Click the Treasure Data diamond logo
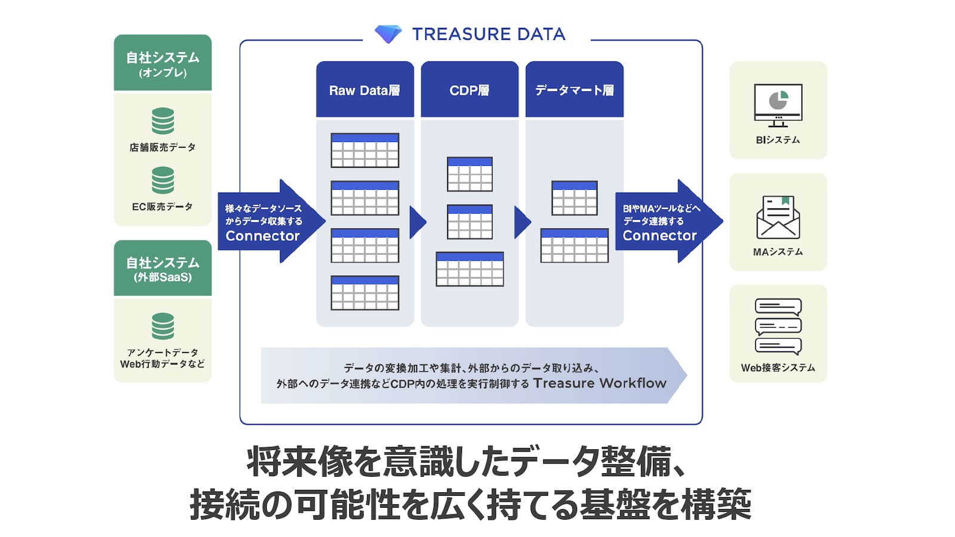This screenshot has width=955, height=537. coord(388,33)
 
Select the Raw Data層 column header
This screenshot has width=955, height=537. coord(365,90)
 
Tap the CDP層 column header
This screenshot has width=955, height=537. coord(469,90)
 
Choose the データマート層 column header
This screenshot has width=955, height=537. coord(574,90)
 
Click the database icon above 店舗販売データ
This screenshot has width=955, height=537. coord(162,121)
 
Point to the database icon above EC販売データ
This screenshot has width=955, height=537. coord(162,180)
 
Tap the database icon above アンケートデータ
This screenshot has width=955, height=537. coord(162,326)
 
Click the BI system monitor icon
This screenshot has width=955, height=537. coord(778,105)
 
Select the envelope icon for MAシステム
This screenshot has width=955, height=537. coord(778,218)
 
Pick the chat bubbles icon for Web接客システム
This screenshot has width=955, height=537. coord(778,326)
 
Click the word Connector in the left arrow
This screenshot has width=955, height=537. coord(263,236)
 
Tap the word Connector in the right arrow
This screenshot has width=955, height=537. coord(660,236)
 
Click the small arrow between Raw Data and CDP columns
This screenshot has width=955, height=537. coord(417,222)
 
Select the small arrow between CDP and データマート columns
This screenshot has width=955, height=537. coord(522,222)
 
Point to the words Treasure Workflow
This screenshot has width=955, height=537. coord(599,383)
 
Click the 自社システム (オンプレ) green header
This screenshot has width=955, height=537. coord(162,63)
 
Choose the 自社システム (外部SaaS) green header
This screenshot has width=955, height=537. coord(162,268)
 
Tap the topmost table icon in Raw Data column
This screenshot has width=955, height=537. coord(365,150)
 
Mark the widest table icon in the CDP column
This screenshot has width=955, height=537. coord(470,269)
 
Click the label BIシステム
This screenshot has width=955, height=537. coord(778,140)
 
